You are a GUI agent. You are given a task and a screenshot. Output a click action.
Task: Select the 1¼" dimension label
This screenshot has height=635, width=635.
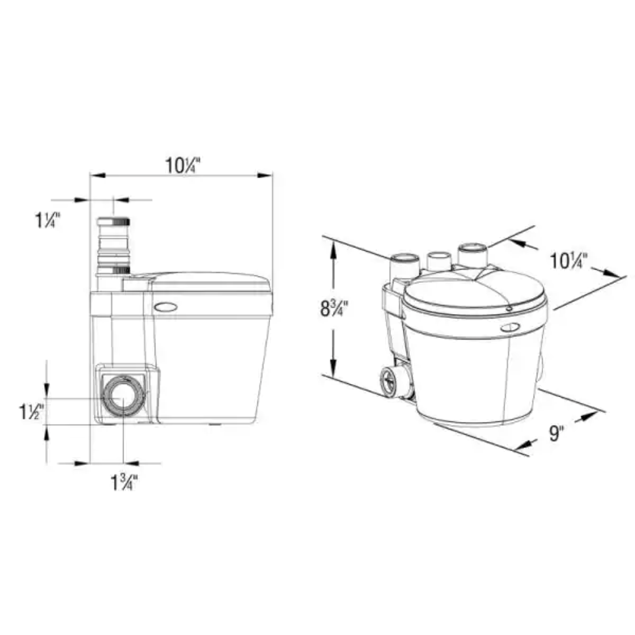pos(48,220)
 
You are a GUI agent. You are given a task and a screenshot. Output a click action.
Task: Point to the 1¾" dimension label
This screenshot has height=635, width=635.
pos(124,483)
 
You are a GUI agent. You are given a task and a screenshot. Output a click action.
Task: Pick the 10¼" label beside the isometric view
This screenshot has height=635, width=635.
pos(569,260)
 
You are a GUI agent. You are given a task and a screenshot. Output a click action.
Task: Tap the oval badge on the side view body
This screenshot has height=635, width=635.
pos(167,307)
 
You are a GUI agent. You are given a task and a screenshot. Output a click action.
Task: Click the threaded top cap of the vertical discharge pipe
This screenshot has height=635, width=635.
pos(114,222)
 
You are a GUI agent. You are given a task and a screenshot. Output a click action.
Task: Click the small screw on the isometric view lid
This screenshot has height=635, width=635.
pos(509,308)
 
